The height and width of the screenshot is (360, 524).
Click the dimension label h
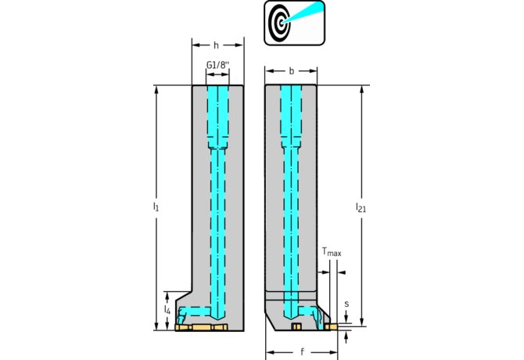(x=217, y=45)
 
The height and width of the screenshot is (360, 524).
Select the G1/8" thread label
(x=217, y=65)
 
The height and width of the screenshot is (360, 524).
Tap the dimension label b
(x=291, y=70)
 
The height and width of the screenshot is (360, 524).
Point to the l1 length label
(x=156, y=207)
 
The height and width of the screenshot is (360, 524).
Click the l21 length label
(x=361, y=207)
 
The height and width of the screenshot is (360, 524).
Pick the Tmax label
(x=332, y=252)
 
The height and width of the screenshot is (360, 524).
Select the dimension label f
(x=302, y=352)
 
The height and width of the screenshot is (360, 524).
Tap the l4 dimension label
(x=167, y=310)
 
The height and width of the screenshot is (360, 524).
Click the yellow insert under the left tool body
(x=201, y=327)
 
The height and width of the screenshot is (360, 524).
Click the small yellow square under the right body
(x=296, y=326)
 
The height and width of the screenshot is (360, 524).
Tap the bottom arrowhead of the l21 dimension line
(x=362, y=322)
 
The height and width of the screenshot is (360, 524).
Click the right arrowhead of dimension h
(x=240, y=45)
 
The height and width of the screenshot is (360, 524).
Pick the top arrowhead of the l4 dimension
(x=167, y=293)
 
